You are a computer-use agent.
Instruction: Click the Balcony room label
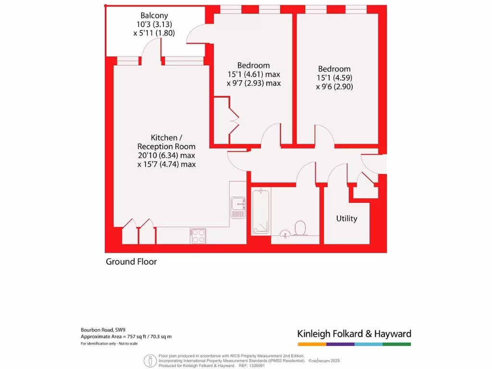click(x=154, y=15)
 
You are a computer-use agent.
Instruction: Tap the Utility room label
click(x=346, y=219)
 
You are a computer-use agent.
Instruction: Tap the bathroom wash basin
click(x=284, y=234)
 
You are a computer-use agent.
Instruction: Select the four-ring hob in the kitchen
click(x=198, y=235)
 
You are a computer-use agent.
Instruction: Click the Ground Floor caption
click(x=131, y=262)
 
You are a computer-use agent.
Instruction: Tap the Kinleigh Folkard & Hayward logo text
click(x=354, y=334)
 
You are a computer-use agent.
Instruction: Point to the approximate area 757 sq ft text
click(x=126, y=337)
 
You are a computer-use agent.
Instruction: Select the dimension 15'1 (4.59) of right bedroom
click(x=333, y=78)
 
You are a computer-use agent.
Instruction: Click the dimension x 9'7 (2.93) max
click(x=254, y=83)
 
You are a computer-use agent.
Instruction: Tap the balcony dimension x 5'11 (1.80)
click(x=154, y=33)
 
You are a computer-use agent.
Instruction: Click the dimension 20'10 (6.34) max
click(x=166, y=156)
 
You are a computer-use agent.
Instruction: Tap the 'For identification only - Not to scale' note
click(x=109, y=344)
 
